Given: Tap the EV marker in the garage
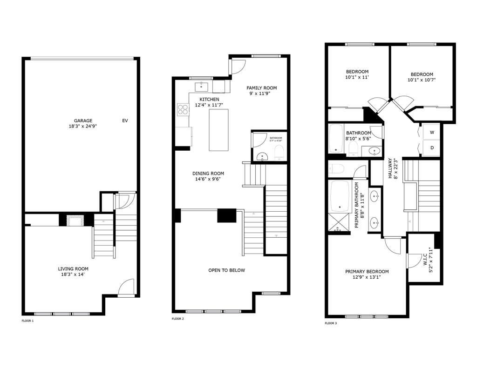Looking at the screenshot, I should tap(125, 120).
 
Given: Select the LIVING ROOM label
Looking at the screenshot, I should tap(73, 268).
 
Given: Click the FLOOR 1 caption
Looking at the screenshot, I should tap(28, 321).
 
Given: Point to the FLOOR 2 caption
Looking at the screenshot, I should tap(178, 319).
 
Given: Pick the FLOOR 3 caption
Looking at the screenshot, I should tap(331, 323).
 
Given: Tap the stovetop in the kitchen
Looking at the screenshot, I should tap(182, 110).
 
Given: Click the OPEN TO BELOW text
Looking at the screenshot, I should tap(226, 270).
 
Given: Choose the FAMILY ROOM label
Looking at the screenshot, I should tap(262, 88).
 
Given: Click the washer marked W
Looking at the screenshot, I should tap(432, 133).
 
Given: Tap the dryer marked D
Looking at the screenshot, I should tap(432, 148).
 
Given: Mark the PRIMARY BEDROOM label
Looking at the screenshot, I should tap(367, 272).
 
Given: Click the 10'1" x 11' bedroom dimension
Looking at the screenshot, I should tap(357, 77).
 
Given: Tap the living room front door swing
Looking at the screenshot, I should tap(127, 288).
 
